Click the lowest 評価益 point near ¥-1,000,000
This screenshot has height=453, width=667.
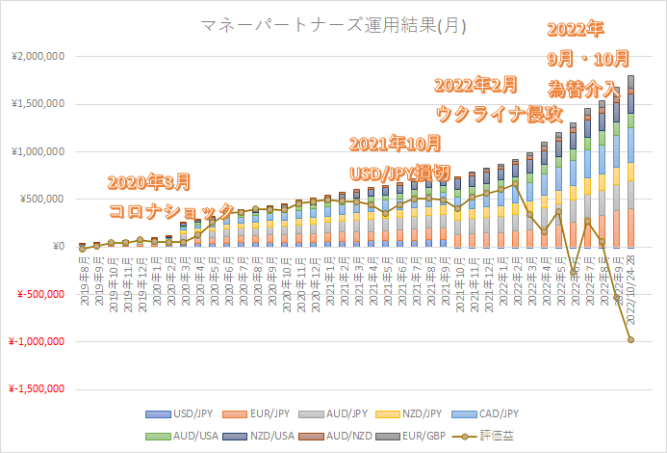pyautogui.click(x=631, y=339)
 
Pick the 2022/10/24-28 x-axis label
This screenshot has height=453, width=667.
pyautogui.click(x=631, y=280)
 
